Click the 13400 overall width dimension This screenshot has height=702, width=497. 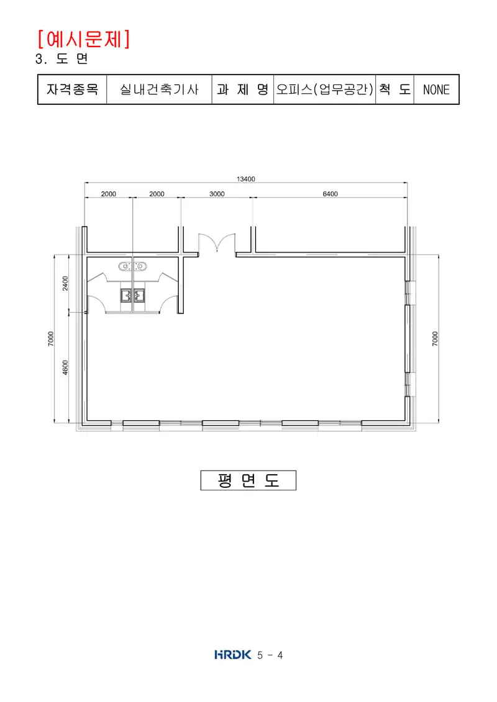(245, 179)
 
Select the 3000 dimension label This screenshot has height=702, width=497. (217, 194)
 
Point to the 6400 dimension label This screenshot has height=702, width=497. (331, 194)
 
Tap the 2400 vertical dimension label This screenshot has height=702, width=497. (65, 283)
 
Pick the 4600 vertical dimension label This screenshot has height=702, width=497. (65, 367)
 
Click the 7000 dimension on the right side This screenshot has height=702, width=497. (435, 338)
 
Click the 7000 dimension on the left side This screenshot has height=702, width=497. (51, 338)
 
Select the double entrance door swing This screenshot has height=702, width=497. (217, 243)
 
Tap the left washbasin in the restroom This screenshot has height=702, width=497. (125, 266)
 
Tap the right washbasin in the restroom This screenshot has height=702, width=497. (140, 266)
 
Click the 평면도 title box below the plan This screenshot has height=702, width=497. (248, 480)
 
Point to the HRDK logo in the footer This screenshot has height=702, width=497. (232, 655)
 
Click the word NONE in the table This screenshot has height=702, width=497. (437, 90)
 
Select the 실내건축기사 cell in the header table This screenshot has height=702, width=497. (159, 89)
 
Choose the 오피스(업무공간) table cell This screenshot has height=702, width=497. (324, 89)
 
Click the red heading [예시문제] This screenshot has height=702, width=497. (84, 39)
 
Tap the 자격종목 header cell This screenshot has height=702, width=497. (72, 89)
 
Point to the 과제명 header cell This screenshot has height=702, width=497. (242, 89)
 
